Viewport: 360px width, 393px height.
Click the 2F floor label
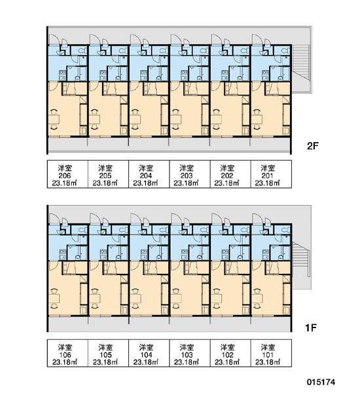[312, 146]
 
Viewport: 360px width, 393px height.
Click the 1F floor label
[311, 327]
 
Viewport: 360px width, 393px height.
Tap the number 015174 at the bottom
[321, 382]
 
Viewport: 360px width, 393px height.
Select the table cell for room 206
[67, 174]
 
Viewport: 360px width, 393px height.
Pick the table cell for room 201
[271, 174]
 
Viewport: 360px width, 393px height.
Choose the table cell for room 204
[149, 174]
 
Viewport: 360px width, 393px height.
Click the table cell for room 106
[67, 353]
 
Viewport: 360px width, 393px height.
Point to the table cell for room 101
[271, 353]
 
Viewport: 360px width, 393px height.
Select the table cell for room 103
[190, 353]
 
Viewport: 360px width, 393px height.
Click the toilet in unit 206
[82, 51]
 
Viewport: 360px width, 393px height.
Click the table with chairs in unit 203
[176, 119]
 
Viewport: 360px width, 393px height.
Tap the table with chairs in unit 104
[135, 298]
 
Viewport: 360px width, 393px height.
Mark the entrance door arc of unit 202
[215, 39]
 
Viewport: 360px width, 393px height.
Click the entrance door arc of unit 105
[94, 218]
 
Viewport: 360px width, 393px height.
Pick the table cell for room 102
[230, 353]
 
